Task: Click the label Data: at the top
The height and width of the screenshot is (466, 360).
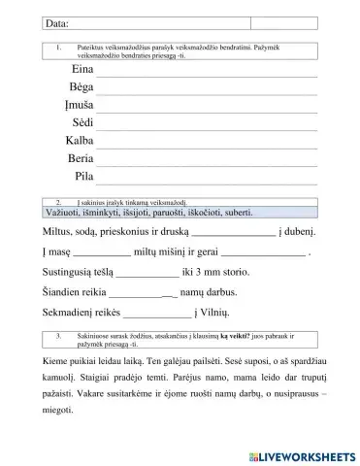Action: point(32,22)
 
